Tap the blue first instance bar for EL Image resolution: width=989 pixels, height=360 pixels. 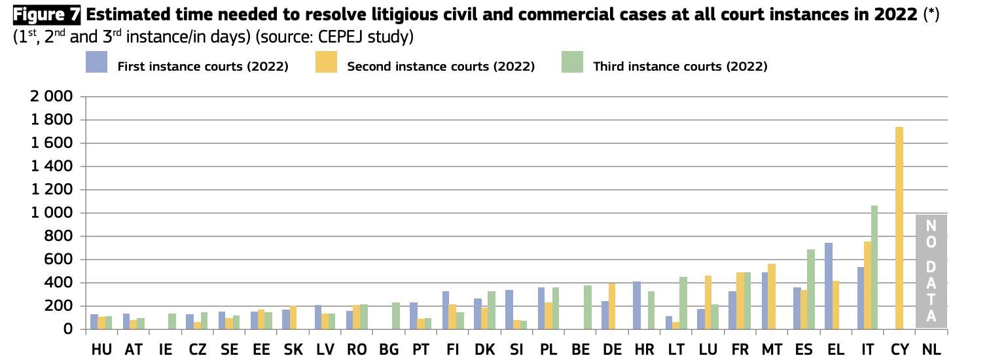pyautogui.click(x=828, y=286)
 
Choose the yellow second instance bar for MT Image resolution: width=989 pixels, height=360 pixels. pyautogui.click(x=772, y=297)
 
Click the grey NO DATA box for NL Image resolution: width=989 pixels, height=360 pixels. pyautogui.click(x=931, y=271)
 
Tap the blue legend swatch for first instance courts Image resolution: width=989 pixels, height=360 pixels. pyautogui.click(x=96, y=63)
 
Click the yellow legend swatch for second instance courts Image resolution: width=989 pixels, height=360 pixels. pyautogui.click(x=326, y=63)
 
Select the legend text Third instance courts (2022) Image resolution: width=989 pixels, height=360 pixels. pyautogui.click(x=679, y=66)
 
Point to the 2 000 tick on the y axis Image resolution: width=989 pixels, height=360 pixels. pyautogui.click(x=51, y=97)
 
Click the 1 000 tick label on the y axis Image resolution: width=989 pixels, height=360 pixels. pyautogui.click(x=51, y=213)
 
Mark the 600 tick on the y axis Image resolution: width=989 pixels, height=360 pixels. pyautogui.click(x=58, y=259)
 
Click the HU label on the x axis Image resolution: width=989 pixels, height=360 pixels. pyautogui.click(x=101, y=350)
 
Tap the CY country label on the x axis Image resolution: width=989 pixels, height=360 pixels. pyautogui.click(x=899, y=350)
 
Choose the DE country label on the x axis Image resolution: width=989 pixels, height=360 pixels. pyautogui.click(x=612, y=350)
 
